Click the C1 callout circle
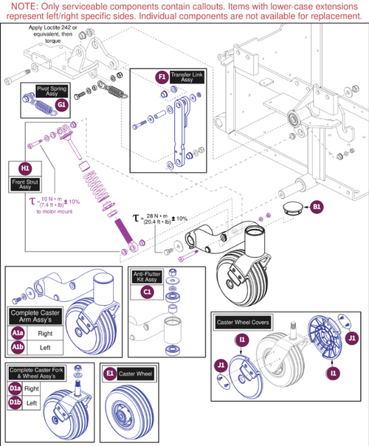click(147, 292)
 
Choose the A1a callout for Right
click(17, 332)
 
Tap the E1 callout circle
click(109, 374)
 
